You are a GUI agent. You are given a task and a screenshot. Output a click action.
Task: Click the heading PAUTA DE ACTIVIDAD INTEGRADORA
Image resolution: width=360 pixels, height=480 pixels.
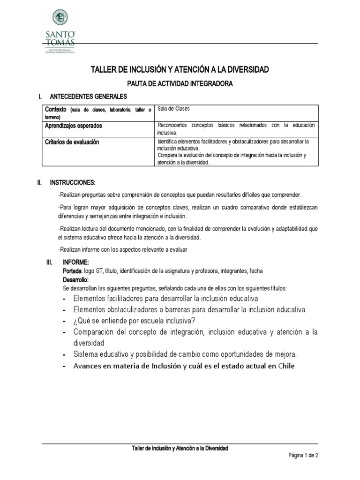click(x=180, y=83)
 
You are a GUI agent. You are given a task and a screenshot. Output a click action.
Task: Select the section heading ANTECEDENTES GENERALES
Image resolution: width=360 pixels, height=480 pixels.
click(x=88, y=97)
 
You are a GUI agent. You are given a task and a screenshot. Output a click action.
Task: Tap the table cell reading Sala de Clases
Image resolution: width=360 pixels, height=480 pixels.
click(x=174, y=109)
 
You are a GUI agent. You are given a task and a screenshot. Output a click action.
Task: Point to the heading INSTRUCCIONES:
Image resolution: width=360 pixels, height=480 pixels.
click(x=73, y=182)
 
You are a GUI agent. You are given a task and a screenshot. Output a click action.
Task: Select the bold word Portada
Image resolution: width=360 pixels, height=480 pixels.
click(x=72, y=271)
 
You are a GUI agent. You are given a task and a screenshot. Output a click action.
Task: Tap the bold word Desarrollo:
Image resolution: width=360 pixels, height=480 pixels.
click(x=75, y=279)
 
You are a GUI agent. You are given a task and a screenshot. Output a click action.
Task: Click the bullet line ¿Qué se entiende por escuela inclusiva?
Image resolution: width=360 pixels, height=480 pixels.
click(x=135, y=321)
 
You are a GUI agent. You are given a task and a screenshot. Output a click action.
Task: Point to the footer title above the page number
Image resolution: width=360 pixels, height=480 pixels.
click(x=180, y=449)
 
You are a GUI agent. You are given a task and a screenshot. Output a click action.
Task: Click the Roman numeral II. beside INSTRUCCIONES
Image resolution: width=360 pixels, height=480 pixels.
click(x=40, y=182)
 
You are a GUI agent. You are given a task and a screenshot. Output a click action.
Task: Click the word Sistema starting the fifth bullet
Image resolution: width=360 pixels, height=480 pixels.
click(x=87, y=354)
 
